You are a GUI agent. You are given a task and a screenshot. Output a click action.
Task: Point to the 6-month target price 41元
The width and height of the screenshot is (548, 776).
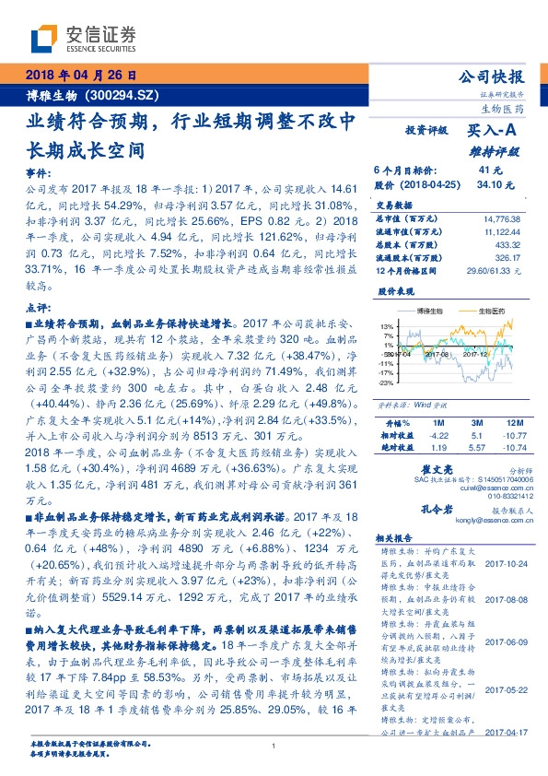pos(490,170)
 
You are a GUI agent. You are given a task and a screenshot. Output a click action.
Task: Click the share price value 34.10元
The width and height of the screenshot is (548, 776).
pos(490,183)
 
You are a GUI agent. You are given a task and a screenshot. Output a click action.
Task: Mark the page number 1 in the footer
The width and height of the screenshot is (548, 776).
pos(274,746)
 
